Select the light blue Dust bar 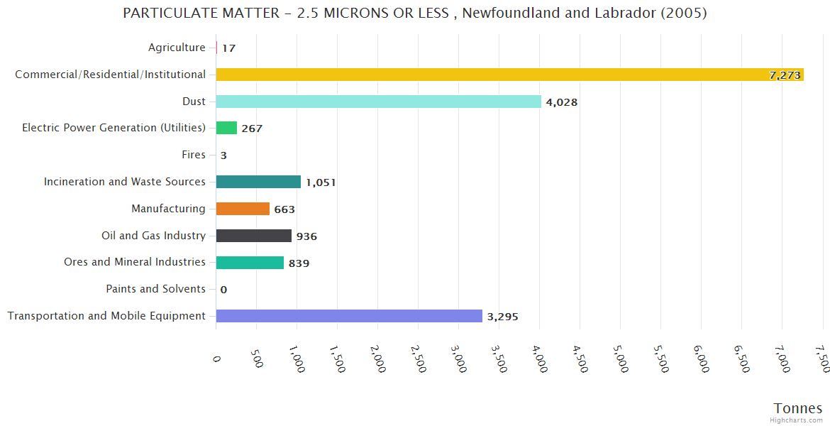[378, 102]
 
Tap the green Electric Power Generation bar [226, 128]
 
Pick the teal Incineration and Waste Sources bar [258, 182]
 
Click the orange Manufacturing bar [243, 209]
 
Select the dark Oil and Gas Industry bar [253, 236]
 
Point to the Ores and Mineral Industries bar [250, 263]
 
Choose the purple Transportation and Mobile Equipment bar [349, 316]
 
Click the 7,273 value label [785, 75]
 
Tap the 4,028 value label [562, 102]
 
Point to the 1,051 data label [321, 182]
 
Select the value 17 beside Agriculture [228, 48]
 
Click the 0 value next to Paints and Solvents [223, 290]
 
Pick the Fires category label [194, 155]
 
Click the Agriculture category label [177, 48]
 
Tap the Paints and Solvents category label [155, 289]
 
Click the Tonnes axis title [797, 408]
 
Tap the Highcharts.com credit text [796, 420]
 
